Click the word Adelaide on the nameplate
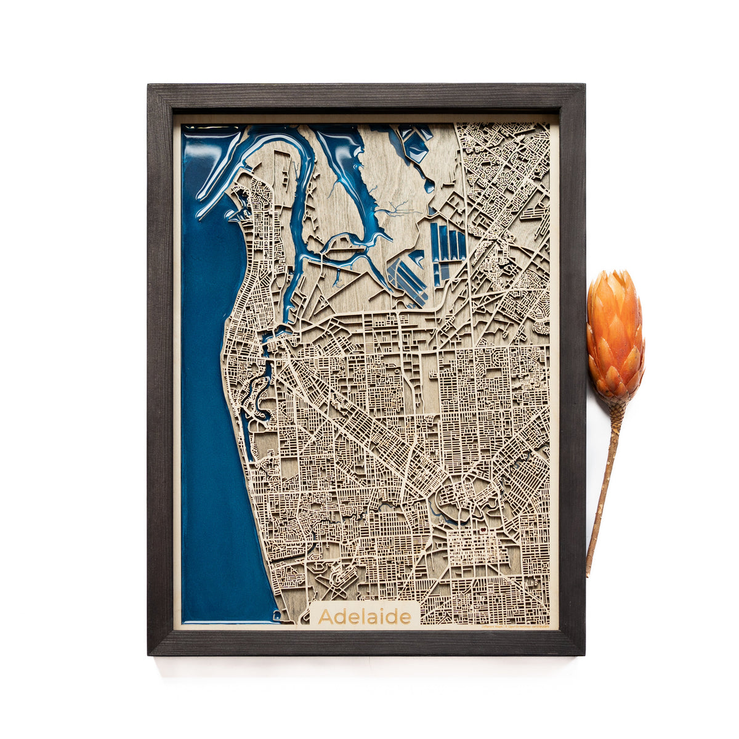point(365,616)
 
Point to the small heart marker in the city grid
point(483,528)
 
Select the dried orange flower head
point(615,336)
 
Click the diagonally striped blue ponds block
point(408,278)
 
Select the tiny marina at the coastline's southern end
point(277,615)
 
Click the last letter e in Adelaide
point(405,617)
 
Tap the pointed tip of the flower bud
point(610,271)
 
